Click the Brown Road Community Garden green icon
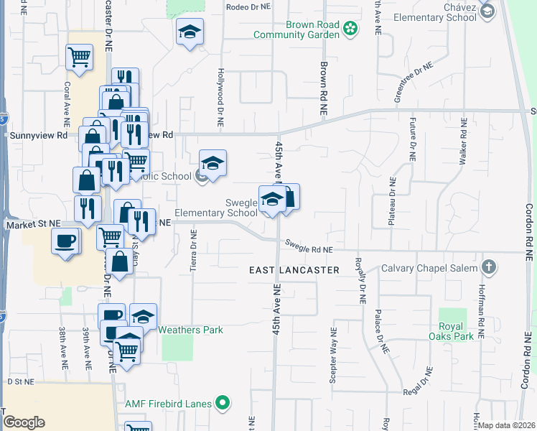pos(350,29)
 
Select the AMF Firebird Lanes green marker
pos(223,404)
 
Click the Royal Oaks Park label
pos(451,330)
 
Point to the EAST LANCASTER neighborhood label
pos(294,270)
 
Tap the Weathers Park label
pos(190,330)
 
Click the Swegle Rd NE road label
pos(309,248)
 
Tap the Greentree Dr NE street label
pos(414,83)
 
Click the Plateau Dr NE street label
pos(392,202)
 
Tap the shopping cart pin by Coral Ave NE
pos(79,56)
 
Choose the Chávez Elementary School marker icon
pos(487,11)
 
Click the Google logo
pos(24,422)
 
